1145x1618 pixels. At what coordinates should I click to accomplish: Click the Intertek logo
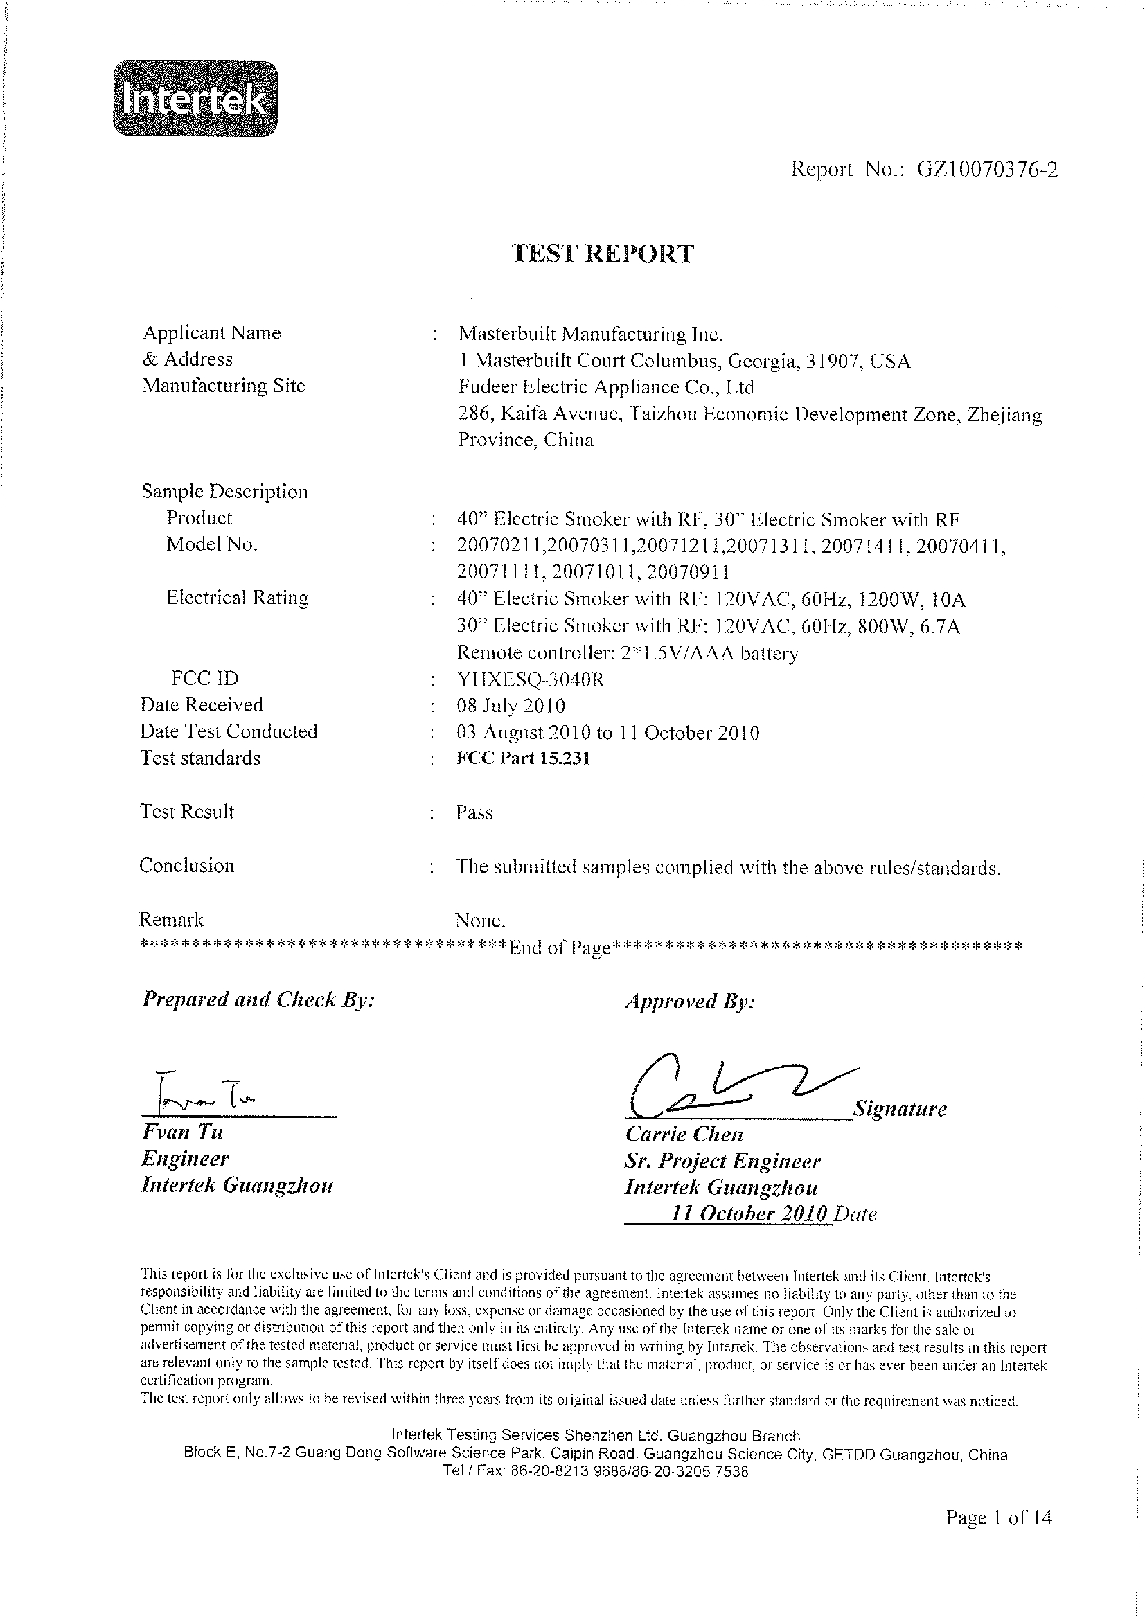pyautogui.click(x=195, y=99)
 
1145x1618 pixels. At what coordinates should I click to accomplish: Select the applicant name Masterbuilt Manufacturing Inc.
pyautogui.click(x=591, y=333)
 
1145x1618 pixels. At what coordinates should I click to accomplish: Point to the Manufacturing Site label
pyautogui.click(x=224, y=386)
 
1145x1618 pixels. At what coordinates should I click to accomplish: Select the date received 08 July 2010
pyautogui.click(x=511, y=706)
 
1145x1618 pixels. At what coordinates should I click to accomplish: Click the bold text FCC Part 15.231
pyautogui.click(x=523, y=758)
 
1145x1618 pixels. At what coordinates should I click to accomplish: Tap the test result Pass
pyautogui.click(x=474, y=812)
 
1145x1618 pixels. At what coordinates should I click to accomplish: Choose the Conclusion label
pyautogui.click(x=187, y=866)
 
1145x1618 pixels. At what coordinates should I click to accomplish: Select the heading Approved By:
pyautogui.click(x=689, y=1002)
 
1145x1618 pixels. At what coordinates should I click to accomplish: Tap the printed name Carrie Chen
pyautogui.click(x=684, y=1135)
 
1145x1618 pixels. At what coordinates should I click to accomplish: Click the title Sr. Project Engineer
pyautogui.click(x=722, y=1161)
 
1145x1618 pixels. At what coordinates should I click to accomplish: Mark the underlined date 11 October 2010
pyautogui.click(x=749, y=1213)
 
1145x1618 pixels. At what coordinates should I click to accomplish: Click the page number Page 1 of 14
pyautogui.click(x=998, y=1517)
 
